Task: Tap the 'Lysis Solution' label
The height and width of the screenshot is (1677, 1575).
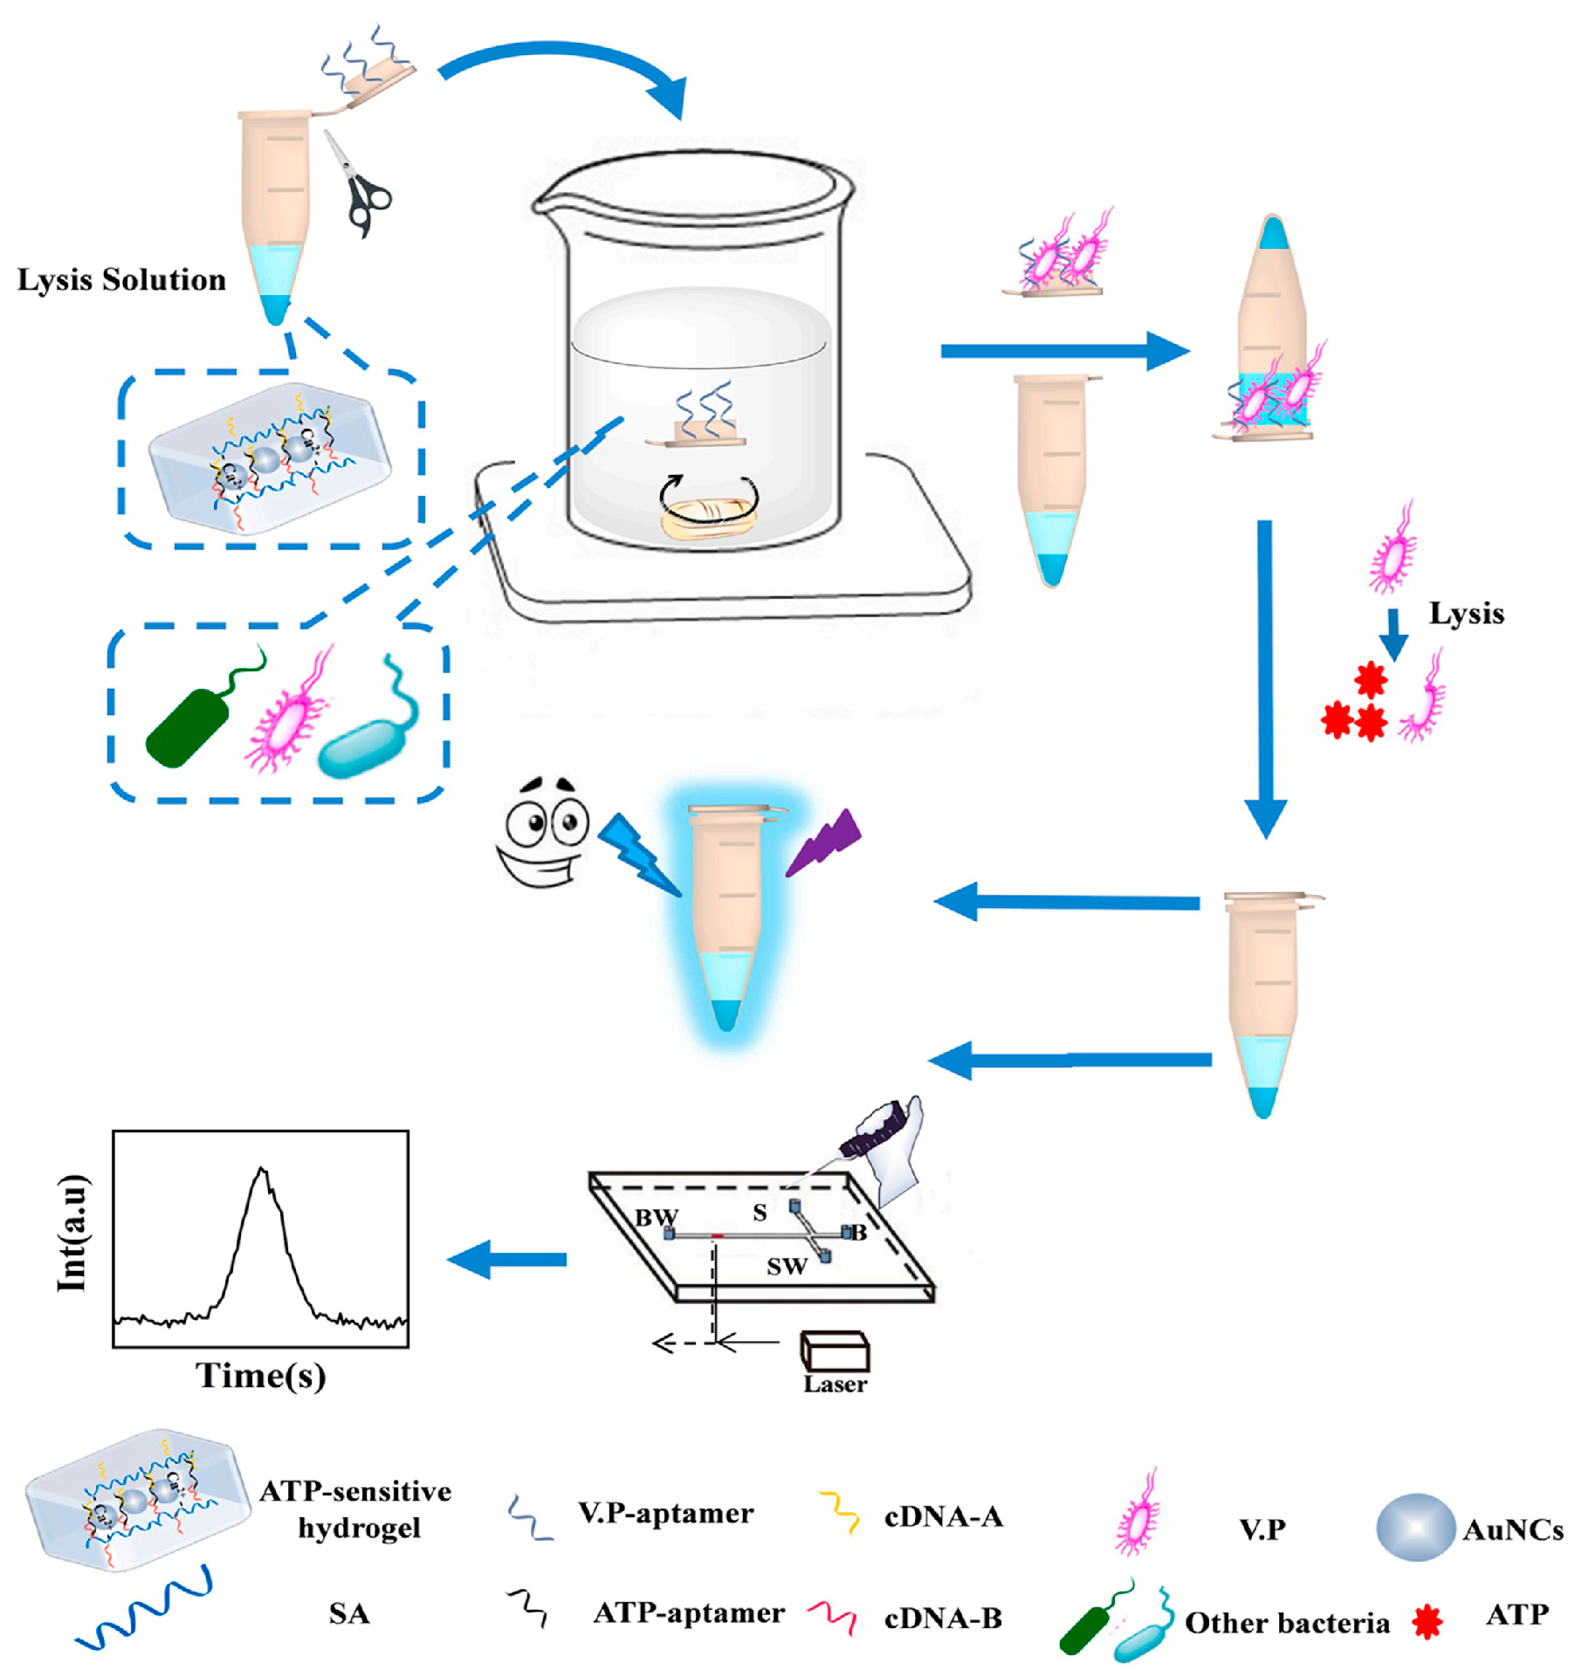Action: [121, 279]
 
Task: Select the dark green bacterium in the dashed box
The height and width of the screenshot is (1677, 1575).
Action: [189, 726]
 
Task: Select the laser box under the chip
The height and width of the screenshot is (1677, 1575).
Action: [835, 1351]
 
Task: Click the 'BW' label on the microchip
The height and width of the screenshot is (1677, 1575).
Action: [656, 1217]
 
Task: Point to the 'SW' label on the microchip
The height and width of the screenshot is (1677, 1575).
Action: [786, 1267]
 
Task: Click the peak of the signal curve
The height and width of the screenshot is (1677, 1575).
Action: [262, 1170]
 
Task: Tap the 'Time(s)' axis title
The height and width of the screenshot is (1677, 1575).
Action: [261, 1375]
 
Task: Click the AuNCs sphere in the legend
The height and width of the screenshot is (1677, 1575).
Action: [1414, 1527]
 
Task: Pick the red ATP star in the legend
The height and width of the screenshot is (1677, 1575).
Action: [1427, 1621]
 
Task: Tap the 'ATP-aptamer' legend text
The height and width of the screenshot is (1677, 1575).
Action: [689, 1612]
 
